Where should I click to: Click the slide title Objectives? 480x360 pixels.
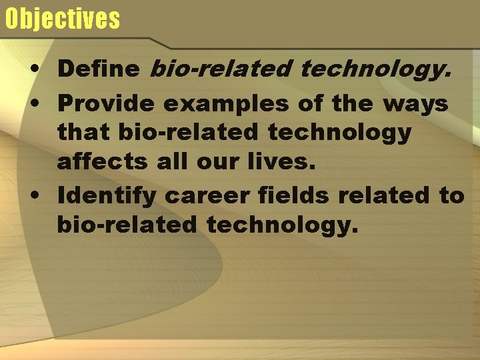(x=62, y=19)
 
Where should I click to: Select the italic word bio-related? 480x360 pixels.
(x=221, y=68)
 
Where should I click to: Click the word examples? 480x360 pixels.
(x=225, y=104)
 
